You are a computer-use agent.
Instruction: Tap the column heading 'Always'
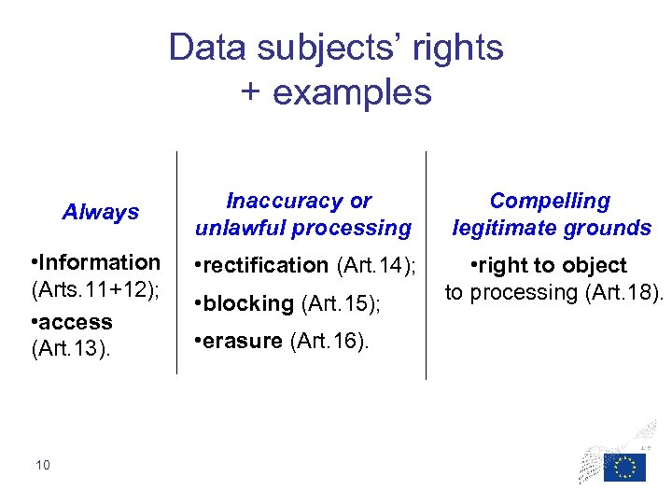(x=101, y=212)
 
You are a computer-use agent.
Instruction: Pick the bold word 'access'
(x=75, y=322)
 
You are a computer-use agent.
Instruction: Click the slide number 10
(x=42, y=464)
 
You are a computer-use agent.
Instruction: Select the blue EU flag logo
(x=623, y=466)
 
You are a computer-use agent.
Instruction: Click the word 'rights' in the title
(x=456, y=48)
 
